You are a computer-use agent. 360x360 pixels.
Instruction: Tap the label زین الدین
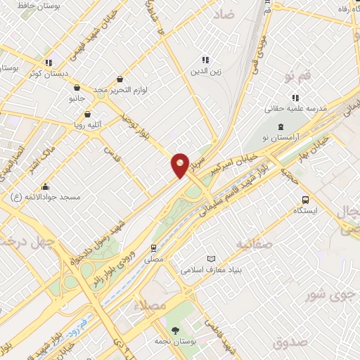[x=205, y=71]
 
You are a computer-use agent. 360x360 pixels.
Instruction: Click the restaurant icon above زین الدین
[x=205, y=60]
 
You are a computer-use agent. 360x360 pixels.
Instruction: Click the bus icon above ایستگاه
[x=305, y=199]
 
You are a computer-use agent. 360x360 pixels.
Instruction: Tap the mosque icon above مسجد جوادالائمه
[x=46, y=186]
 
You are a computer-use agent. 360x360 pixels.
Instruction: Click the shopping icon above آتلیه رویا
[x=88, y=112]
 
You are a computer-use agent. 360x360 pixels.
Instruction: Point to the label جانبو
[x=76, y=98]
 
